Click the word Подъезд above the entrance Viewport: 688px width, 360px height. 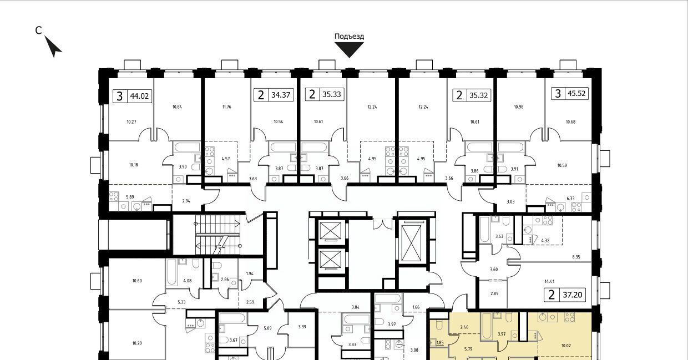[349, 37]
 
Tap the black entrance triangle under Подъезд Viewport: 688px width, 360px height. [349, 49]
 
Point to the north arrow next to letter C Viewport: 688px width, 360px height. [53, 47]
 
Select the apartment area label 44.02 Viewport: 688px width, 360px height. [139, 96]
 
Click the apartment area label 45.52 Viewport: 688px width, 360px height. [576, 93]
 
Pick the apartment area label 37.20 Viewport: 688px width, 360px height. [573, 295]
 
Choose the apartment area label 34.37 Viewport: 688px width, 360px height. [281, 95]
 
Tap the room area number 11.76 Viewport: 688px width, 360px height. [227, 107]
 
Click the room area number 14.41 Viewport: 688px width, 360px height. [549, 281]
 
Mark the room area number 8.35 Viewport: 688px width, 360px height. [576, 257]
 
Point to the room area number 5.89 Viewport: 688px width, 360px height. [130, 197]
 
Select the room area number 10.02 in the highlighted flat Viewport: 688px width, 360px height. [566, 346]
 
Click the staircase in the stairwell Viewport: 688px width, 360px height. [217, 235]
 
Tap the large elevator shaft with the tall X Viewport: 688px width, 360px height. [411, 242]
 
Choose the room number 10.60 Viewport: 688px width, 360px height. [137, 281]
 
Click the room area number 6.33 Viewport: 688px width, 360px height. [570, 199]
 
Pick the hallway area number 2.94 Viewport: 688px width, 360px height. [186, 201]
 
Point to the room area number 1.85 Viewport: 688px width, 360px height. [440, 343]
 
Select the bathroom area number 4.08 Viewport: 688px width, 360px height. [188, 281]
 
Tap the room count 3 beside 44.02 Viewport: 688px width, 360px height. [119, 96]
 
